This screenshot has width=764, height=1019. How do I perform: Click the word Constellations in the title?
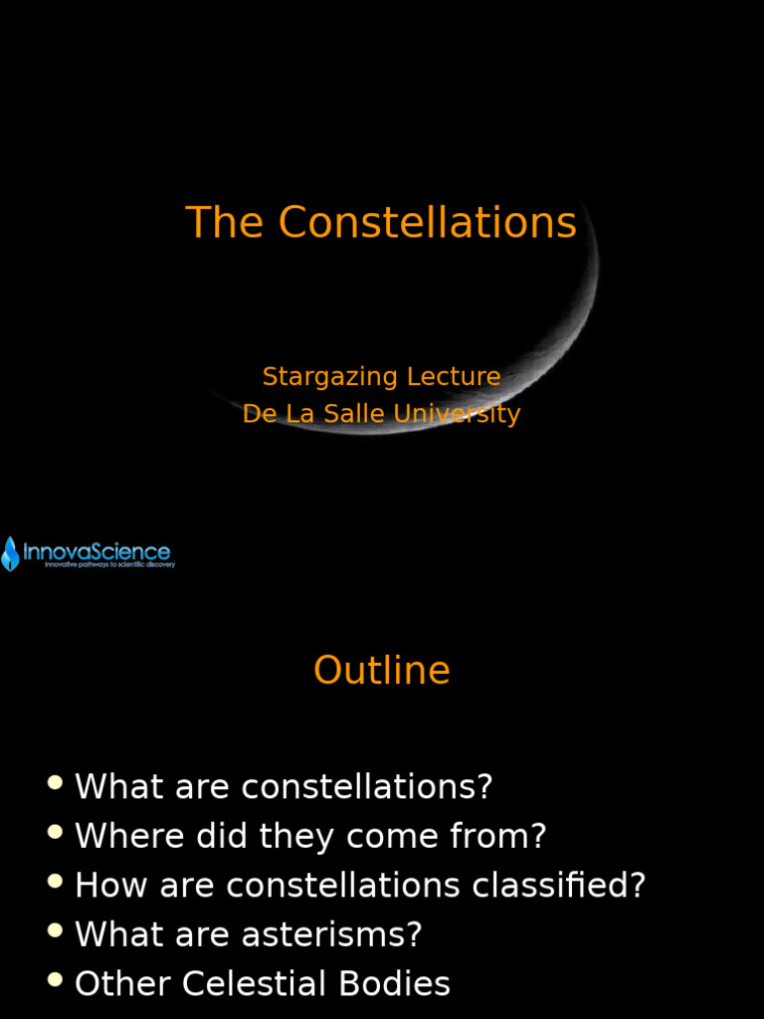click(428, 222)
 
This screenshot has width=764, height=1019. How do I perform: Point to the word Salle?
click(350, 414)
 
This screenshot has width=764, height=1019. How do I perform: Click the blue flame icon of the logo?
click(10, 553)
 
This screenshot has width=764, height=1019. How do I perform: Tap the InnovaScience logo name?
click(96, 551)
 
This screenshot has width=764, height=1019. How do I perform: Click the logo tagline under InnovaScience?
click(109, 565)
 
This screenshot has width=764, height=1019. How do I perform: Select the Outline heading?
click(381, 671)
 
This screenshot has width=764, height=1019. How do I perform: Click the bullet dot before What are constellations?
click(55, 782)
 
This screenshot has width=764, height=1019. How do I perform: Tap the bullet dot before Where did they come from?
click(55, 832)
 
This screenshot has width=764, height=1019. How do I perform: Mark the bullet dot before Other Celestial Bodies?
click(55, 980)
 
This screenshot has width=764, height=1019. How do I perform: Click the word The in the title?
click(226, 222)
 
